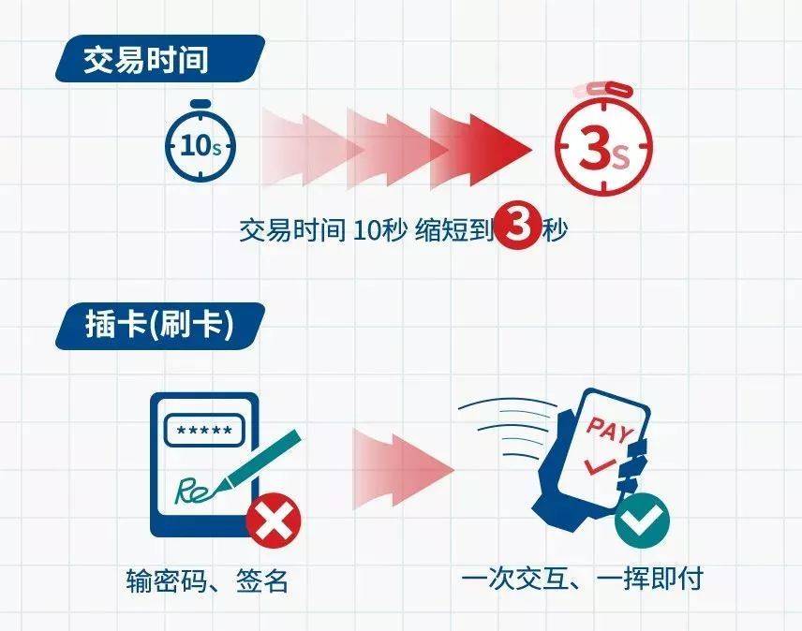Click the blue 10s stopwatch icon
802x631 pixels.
tap(200, 146)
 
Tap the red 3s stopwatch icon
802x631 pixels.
tap(604, 146)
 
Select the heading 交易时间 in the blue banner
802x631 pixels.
tap(146, 60)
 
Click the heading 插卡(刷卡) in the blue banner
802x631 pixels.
tap(159, 325)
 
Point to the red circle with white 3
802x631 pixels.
tap(518, 226)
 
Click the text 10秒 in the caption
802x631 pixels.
tap(380, 230)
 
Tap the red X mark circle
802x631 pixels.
tap(274, 521)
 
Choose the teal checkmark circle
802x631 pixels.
tap(642, 521)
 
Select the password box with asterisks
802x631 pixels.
tap(204, 431)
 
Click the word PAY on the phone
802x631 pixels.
tap(610, 428)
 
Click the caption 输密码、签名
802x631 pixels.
tap(207, 580)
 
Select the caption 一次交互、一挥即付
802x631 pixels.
tap(582, 579)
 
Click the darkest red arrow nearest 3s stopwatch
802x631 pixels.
tap(481, 149)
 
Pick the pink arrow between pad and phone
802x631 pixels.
tap(403, 470)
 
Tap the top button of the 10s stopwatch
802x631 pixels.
tap(200, 104)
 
